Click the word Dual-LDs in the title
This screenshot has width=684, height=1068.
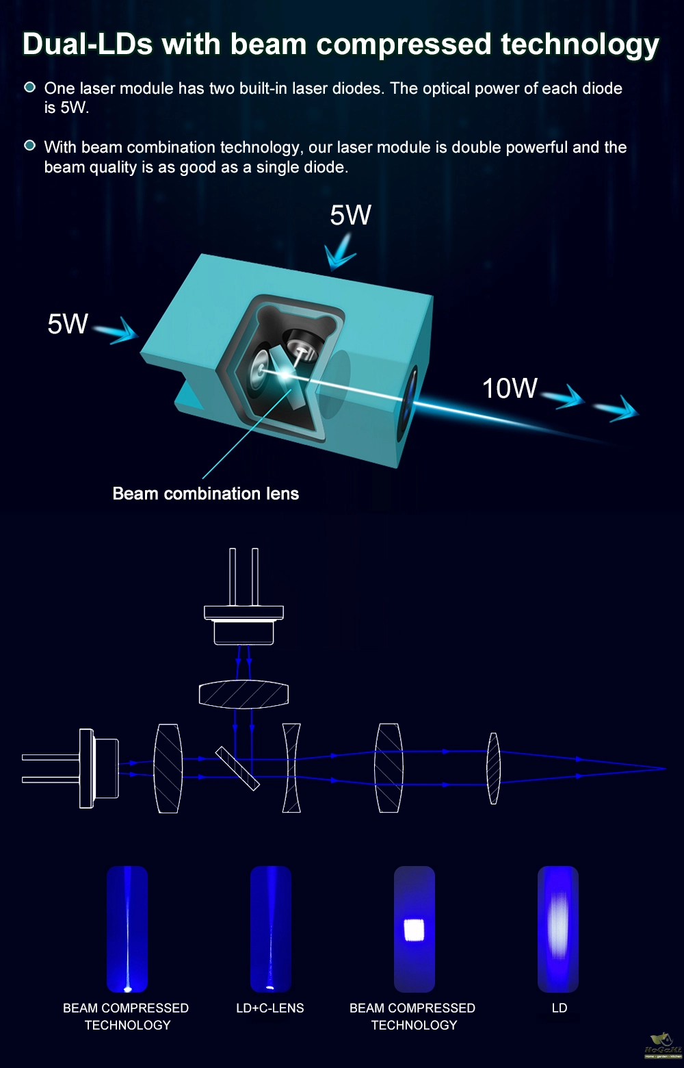(x=87, y=44)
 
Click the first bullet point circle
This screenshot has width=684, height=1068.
(x=29, y=88)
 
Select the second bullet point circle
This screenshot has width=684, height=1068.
(x=29, y=146)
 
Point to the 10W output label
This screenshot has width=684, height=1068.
(x=510, y=388)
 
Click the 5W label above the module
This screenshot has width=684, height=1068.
(x=350, y=215)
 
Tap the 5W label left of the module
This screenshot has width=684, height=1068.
(x=68, y=324)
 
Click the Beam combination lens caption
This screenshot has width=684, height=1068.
(x=205, y=494)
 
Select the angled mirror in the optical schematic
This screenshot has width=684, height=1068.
(x=237, y=768)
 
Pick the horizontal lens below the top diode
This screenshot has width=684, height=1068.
(x=244, y=695)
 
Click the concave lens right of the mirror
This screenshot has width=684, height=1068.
(x=291, y=768)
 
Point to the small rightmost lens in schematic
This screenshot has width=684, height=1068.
(x=493, y=768)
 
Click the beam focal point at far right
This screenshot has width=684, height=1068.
(x=663, y=768)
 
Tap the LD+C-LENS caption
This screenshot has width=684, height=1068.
(x=269, y=1008)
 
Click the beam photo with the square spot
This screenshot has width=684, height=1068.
(x=415, y=929)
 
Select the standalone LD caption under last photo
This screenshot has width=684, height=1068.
(x=560, y=1008)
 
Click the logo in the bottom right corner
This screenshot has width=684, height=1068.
(x=662, y=1045)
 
